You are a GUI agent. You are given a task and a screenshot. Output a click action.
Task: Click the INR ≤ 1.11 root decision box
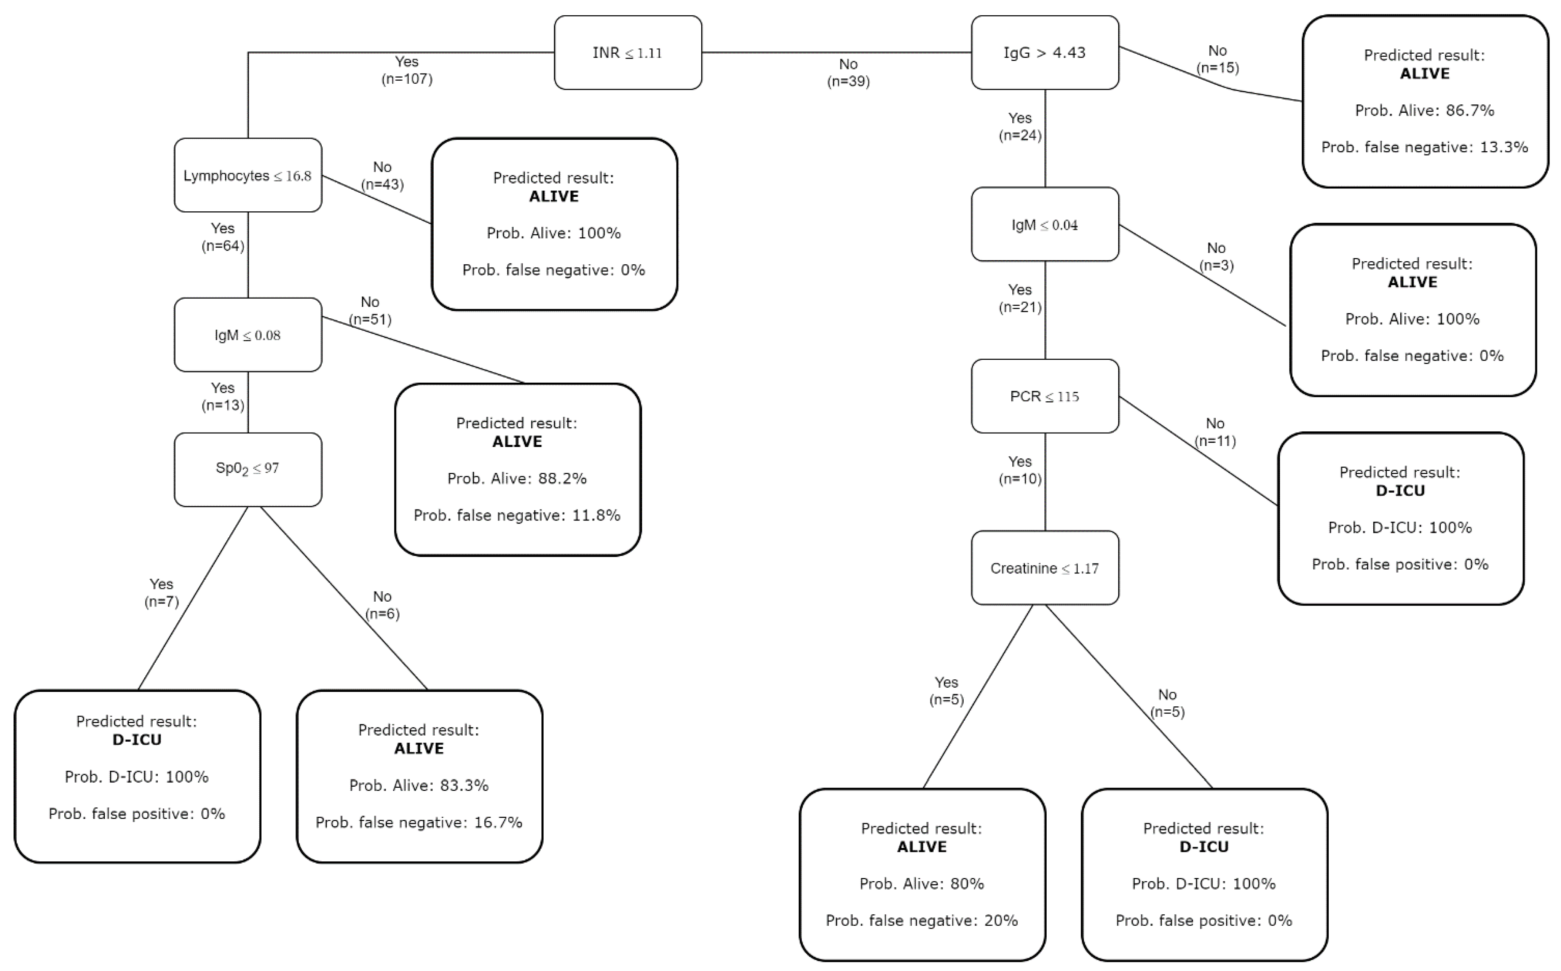[x=627, y=53]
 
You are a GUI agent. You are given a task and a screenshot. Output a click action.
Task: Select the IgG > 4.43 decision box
[x=1045, y=53]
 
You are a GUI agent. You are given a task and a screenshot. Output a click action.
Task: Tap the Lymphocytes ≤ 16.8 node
[x=248, y=175]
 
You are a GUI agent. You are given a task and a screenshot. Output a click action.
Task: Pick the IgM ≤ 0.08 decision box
[x=248, y=335]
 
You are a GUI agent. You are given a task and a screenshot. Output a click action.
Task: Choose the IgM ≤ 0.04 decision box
[x=1045, y=224]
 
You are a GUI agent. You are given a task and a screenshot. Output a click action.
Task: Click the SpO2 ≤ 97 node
[x=248, y=469]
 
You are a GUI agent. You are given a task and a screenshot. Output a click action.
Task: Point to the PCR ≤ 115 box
[x=1045, y=396]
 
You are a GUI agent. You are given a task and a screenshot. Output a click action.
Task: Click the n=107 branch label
[x=407, y=79]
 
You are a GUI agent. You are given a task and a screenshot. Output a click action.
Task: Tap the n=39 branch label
[x=848, y=81]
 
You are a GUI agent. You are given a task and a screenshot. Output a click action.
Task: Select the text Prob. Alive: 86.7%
[x=1424, y=110]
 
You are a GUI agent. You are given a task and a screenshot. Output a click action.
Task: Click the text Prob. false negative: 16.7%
[x=419, y=822]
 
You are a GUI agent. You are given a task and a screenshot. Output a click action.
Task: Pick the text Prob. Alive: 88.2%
[x=517, y=478]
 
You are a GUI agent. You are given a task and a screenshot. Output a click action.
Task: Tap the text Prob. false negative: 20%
[x=921, y=920]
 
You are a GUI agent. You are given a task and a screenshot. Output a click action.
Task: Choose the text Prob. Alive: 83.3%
[x=419, y=786]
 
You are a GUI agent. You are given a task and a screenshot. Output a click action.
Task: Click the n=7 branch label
[x=161, y=601]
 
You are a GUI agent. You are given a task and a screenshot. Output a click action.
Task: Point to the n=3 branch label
[x=1216, y=265]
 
